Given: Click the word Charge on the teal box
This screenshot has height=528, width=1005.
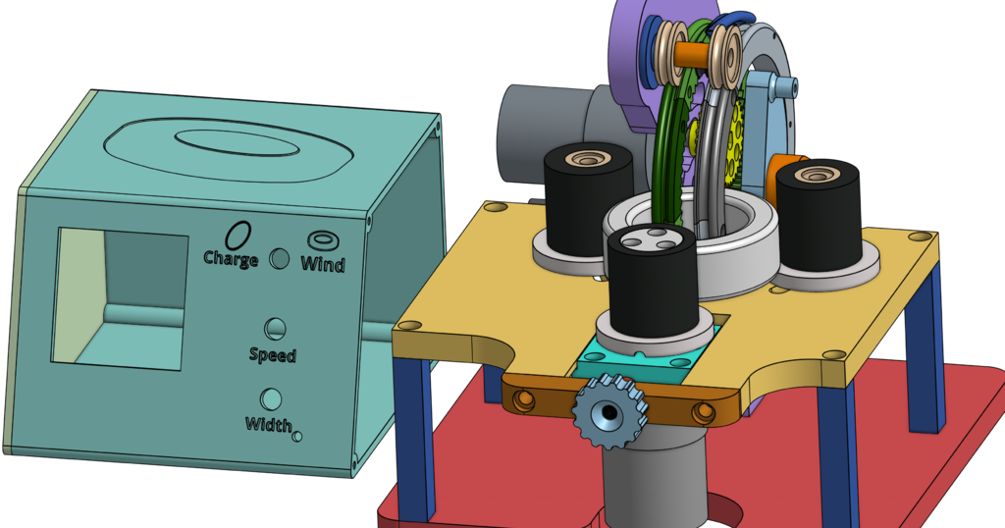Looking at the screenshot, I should (231, 259).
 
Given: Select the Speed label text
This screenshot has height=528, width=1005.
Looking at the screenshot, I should (272, 354).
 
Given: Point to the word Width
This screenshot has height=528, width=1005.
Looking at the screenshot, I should (268, 424).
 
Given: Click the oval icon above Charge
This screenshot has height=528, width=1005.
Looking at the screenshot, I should (238, 235).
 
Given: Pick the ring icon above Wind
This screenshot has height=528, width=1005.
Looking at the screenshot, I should (322, 239).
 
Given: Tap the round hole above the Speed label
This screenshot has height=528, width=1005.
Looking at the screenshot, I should (276, 329).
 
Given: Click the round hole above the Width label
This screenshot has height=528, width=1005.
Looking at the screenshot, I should (270, 399).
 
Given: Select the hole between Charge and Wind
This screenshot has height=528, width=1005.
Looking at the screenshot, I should (280, 258).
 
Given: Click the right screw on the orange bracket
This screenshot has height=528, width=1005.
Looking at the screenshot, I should (703, 411).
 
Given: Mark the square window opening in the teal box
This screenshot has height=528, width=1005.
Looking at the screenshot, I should (120, 298).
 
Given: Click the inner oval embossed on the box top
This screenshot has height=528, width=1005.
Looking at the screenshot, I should (236, 142).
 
